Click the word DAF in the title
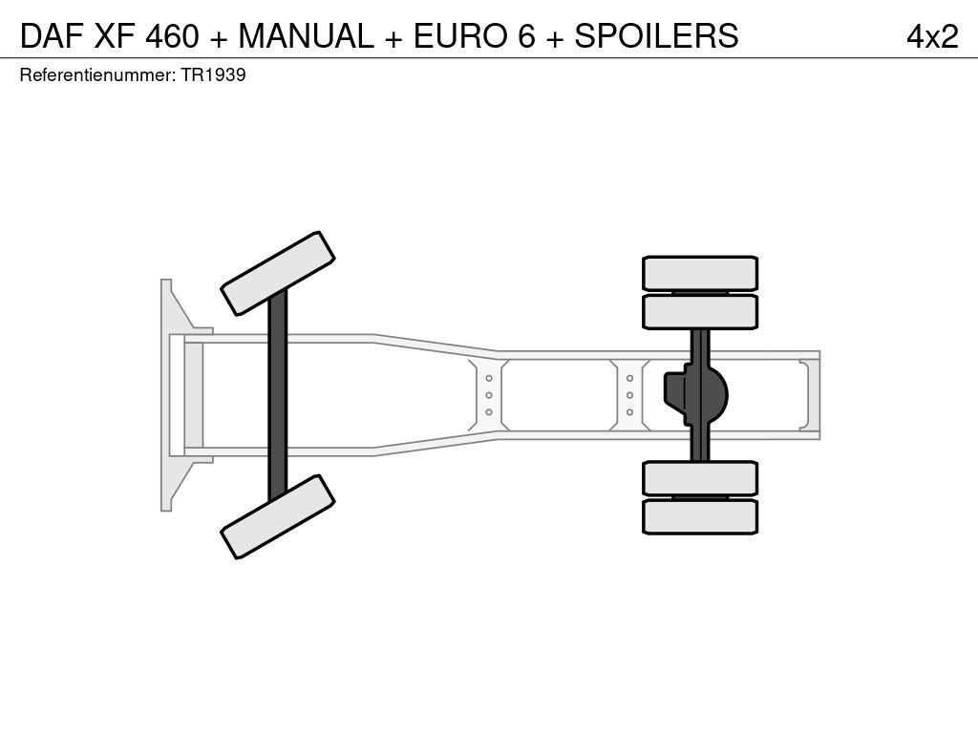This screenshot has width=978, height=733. (x=52, y=35)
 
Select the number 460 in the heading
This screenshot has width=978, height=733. (x=172, y=35)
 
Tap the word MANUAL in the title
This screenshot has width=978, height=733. (x=306, y=35)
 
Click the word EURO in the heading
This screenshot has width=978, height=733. (x=460, y=35)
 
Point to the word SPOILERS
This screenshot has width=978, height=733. (x=656, y=35)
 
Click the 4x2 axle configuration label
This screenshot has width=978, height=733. (x=932, y=36)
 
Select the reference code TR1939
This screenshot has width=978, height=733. (x=213, y=74)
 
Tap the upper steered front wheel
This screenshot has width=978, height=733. (x=278, y=273)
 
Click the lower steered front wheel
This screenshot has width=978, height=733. (x=278, y=516)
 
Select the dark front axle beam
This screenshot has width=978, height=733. (x=278, y=396)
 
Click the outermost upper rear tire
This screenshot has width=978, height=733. (x=700, y=273)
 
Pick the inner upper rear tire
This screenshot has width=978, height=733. (x=700, y=312)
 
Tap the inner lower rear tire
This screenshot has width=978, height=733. (x=700, y=479)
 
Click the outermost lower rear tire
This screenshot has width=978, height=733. (x=700, y=516)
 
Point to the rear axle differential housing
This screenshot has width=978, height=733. (x=696, y=395)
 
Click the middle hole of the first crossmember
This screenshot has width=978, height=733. (x=489, y=395)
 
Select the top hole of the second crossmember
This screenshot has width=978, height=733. (x=630, y=378)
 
